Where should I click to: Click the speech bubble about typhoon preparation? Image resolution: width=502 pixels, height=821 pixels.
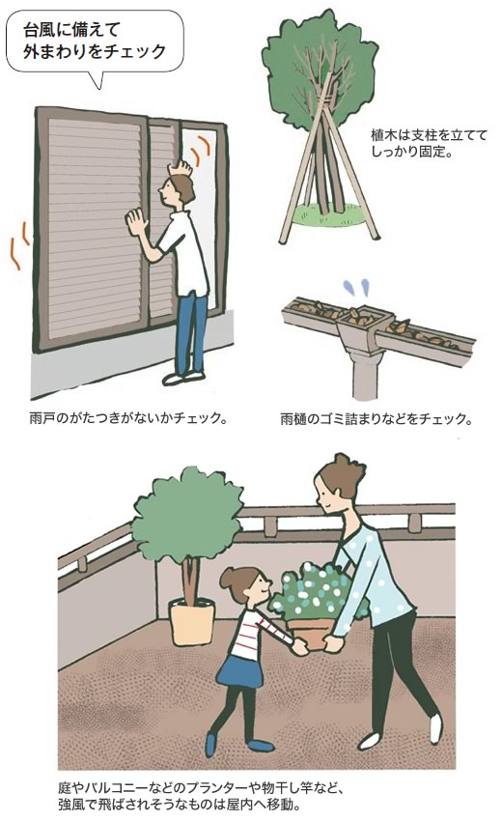click(x=95, y=42)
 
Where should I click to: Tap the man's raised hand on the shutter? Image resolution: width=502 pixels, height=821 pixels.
click(x=181, y=167)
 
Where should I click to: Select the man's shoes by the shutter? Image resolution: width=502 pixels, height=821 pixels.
click(x=183, y=377)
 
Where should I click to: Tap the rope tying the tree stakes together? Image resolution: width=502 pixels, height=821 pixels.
click(x=324, y=98)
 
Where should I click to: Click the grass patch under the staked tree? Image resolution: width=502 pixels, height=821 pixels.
click(x=327, y=215)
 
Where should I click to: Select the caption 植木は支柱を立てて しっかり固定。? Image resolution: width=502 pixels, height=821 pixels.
click(x=429, y=144)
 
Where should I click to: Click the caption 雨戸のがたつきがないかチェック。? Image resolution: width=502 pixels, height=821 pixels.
click(x=128, y=419)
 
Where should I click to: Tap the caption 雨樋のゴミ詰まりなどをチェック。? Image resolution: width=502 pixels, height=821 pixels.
click(x=376, y=419)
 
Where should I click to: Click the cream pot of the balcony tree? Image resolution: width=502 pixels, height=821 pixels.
click(x=192, y=621)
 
